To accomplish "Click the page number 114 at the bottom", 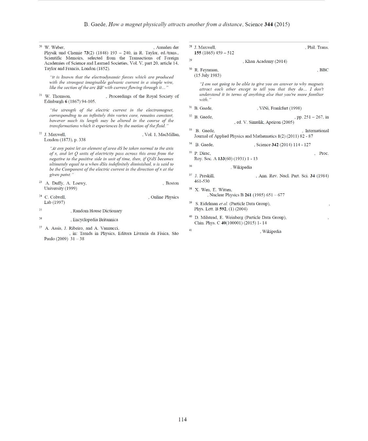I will pos(183,419).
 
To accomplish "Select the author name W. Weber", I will pos(54,47).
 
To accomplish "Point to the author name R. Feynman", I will pos(206,70).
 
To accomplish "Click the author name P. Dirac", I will pos(202,153).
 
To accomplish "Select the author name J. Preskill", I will pos(204,176).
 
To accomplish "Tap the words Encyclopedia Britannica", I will pos(95,220).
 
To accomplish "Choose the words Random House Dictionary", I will pos(97,211).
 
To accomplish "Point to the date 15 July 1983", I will pos(207,75).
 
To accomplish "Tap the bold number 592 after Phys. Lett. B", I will pos(223,209).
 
